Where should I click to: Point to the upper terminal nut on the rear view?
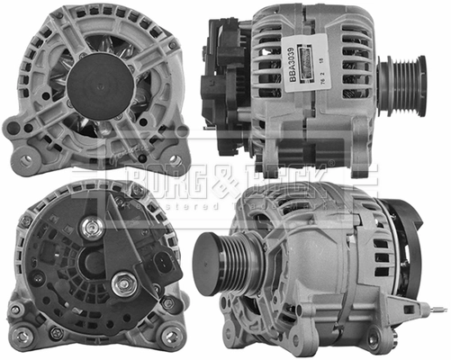tap(91, 228)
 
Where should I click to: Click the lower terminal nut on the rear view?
tap(121, 286)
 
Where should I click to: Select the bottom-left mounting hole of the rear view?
tap(20, 335)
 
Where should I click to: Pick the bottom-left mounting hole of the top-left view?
tap(24, 160)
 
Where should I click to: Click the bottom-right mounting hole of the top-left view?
tap(175, 160)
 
